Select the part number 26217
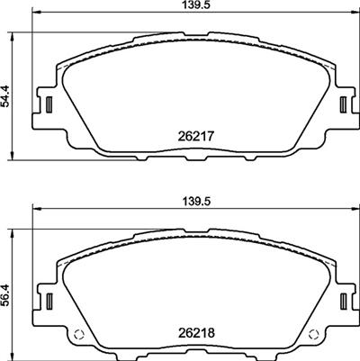(188, 137)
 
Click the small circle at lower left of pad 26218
(78, 338)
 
